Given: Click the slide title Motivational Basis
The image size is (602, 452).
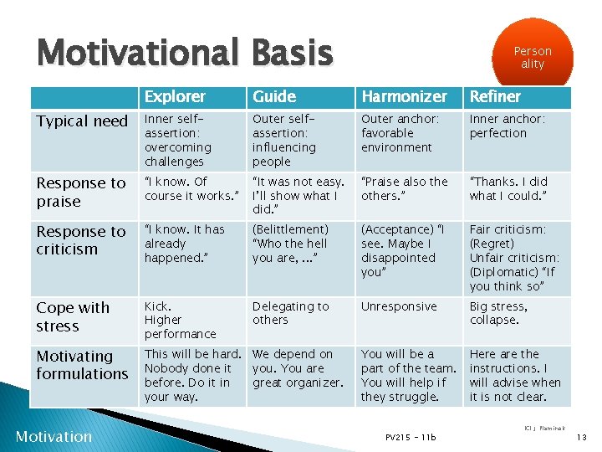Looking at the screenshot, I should [x=185, y=53].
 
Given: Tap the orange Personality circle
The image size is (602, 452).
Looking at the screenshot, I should [x=533, y=56].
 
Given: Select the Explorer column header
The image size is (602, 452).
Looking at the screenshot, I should [x=173, y=97].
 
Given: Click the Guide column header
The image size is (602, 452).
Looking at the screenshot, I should [x=274, y=97].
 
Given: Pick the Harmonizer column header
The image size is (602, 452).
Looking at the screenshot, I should [x=404, y=97].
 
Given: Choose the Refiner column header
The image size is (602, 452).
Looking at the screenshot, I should [x=495, y=97].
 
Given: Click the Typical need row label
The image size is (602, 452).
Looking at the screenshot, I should [x=82, y=121].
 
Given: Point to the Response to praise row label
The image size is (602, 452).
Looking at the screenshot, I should [x=81, y=192].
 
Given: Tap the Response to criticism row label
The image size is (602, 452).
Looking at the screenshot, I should [x=81, y=240].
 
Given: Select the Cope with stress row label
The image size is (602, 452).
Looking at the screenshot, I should [x=73, y=316].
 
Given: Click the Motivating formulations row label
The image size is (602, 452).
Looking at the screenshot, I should [x=82, y=365].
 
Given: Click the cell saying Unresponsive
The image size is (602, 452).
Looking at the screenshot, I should [x=399, y=306].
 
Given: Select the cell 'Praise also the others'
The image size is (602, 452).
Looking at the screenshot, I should [x=404, y=188].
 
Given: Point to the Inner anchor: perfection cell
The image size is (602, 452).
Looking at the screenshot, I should [x=508, y=126].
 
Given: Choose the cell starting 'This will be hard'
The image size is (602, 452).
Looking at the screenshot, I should [x=192, y=375].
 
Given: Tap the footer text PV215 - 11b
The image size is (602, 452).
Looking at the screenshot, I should [x=411, y=437].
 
